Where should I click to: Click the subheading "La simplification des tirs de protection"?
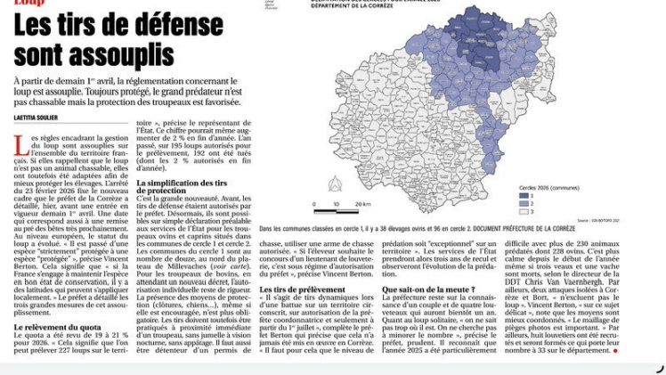click(188, 186)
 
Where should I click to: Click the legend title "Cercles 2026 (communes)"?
click(548, 187)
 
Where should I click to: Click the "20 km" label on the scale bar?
click(362, 204)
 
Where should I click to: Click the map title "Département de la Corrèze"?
click(351, 5)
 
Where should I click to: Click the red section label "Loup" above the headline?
click(29, 4)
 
